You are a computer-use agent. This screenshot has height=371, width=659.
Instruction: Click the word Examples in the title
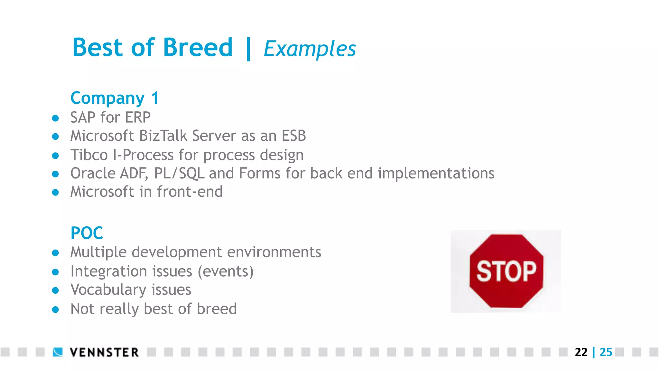310,49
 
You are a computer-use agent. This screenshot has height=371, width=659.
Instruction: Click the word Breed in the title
198,48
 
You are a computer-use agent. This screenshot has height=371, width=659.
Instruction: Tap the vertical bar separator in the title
248,49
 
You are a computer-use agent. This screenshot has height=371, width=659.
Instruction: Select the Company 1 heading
115,98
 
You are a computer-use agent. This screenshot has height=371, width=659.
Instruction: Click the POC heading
87,233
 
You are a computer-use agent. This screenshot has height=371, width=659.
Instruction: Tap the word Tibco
89,155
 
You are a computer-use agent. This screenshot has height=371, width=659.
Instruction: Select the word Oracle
93,173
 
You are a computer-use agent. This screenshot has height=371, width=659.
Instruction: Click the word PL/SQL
179,173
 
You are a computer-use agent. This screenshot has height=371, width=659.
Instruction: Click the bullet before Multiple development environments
55,253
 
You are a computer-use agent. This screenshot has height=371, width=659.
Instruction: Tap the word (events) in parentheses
226,271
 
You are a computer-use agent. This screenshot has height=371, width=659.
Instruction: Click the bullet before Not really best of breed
55,310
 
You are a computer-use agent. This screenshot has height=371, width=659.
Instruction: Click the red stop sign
506,271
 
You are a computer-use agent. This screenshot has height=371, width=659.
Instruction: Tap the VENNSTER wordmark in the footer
104,352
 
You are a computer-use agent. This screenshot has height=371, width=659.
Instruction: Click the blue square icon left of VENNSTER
58,352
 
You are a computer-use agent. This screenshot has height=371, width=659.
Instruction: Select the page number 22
581,352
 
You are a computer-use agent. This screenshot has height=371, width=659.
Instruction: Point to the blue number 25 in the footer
606,352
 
